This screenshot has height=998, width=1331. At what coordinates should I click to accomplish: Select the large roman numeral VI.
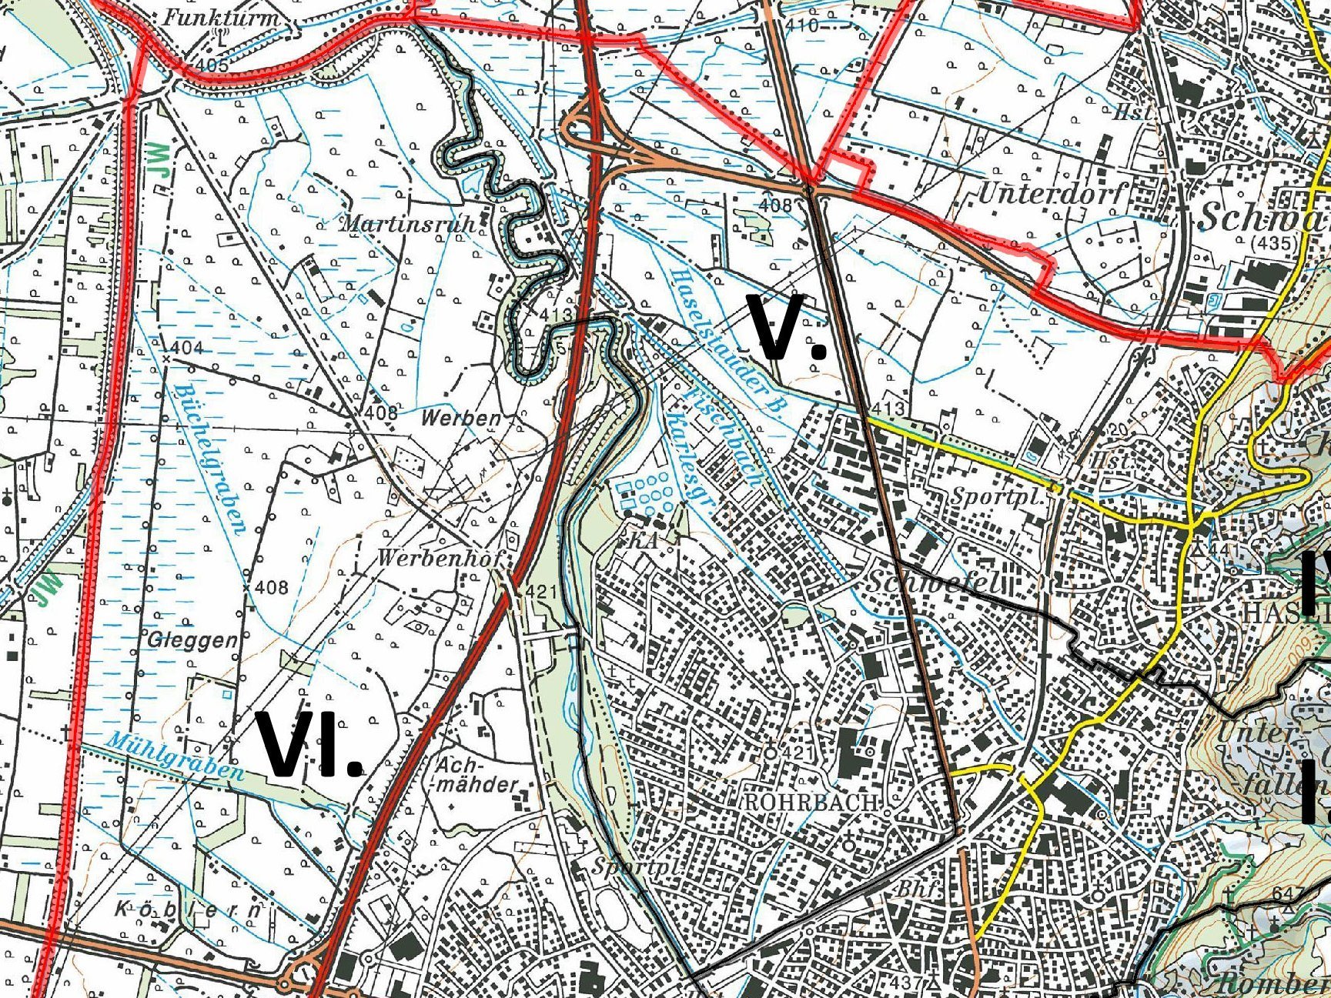(309, 746)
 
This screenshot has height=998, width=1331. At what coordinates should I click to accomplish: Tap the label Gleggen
(192, 639)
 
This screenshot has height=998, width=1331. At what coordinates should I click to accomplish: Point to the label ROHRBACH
(811, 801)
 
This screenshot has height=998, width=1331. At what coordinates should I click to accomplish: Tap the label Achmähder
(476, 776)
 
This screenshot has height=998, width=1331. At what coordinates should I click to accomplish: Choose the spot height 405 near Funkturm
(212, 65)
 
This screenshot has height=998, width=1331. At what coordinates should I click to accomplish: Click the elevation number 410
(803, 25)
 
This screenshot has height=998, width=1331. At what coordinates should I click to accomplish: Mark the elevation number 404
(187, 348)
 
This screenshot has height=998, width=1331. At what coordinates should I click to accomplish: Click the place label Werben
(461, 419)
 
